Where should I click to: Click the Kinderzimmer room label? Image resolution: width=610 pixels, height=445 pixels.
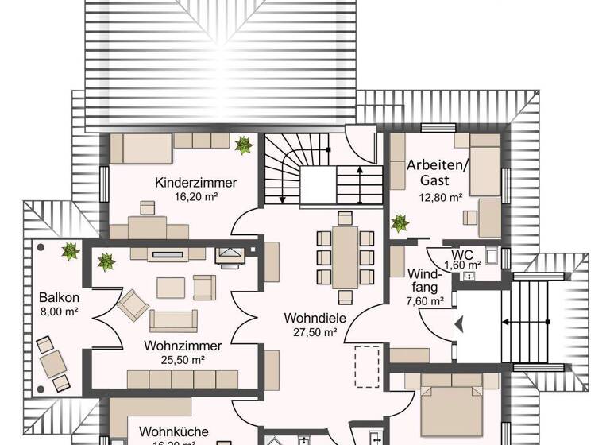[196, 182]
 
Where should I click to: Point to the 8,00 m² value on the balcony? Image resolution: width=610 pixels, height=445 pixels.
[59, 312]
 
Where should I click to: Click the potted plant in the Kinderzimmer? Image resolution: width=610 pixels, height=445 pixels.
[244, 145]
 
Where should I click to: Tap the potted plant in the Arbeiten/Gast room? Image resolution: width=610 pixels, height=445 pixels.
[400, 223]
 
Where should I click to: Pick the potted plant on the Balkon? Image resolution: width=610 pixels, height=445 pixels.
[71, 251]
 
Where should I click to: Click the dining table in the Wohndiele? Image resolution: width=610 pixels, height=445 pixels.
[345, 257]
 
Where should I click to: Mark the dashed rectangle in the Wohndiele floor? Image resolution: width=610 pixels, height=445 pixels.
[368, 370]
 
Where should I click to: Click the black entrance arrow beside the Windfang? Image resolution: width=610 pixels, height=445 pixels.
[458, 323]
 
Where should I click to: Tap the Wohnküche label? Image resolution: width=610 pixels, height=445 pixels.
[174, 432]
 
